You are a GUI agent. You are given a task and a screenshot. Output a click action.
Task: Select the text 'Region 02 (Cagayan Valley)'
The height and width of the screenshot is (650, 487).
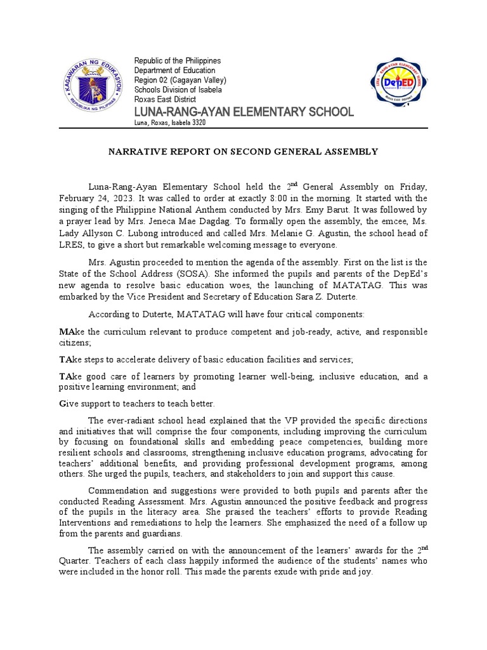180,80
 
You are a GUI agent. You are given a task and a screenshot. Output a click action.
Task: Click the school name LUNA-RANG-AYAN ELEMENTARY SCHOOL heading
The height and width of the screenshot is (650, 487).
244,112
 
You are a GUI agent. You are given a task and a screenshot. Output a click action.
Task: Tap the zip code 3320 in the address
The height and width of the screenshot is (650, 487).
197,123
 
